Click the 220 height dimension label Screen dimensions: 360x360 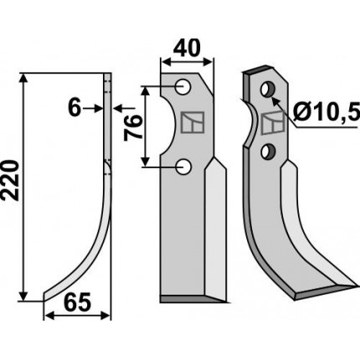[x=11, y=180]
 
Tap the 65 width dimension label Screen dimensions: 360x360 [x=77, y=302]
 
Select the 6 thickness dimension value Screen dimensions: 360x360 [x=75, y=108]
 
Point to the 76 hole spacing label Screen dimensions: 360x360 [x=133, y=127]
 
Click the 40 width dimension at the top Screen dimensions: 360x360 [x=187, y=48]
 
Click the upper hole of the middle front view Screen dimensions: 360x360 [x=183, y=86]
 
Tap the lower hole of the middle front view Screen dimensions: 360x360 [x=183, y=167]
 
